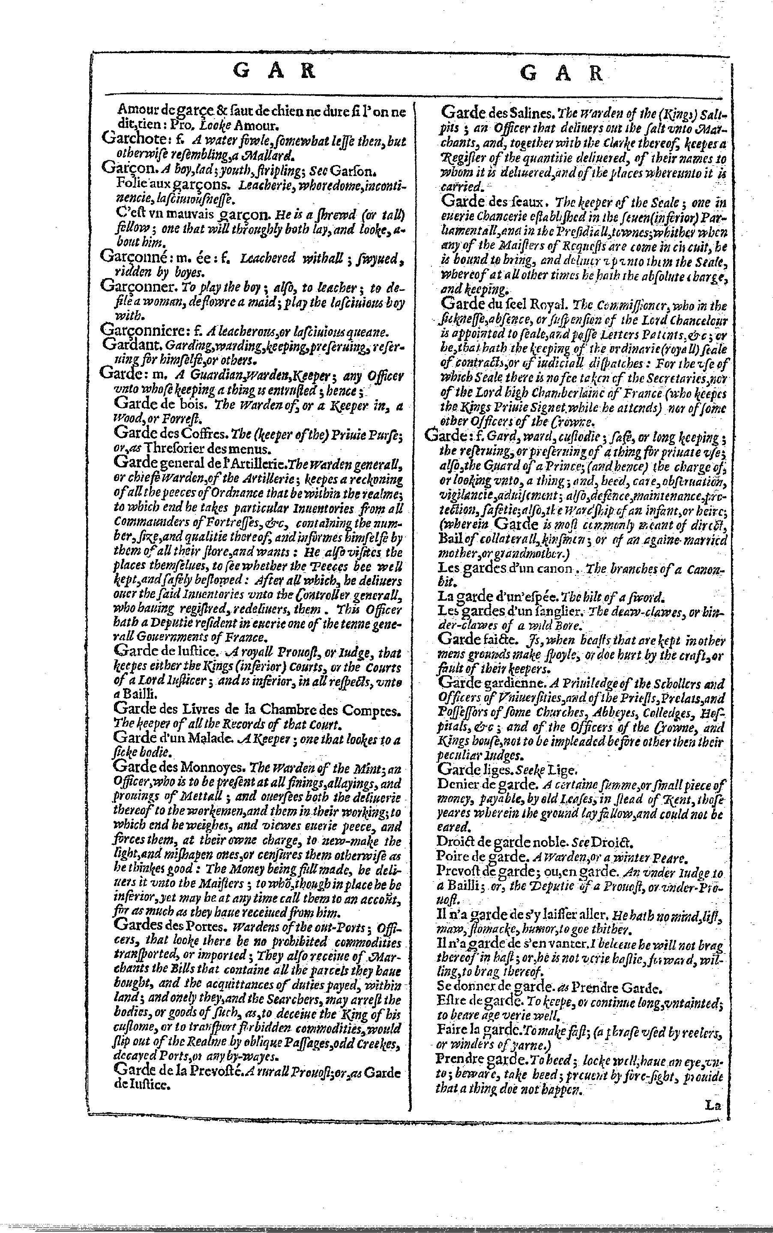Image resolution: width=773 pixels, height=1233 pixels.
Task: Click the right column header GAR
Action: pos(561,74)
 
